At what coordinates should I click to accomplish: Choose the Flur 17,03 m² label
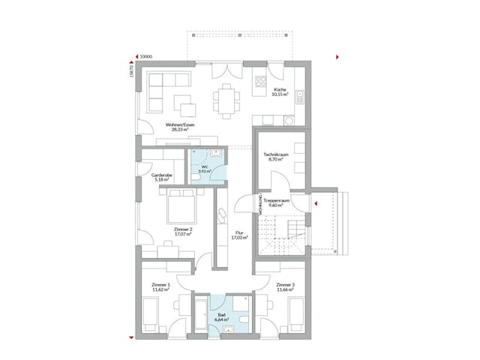[x=239, y=235]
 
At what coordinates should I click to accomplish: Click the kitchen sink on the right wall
[x=300, y=97]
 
